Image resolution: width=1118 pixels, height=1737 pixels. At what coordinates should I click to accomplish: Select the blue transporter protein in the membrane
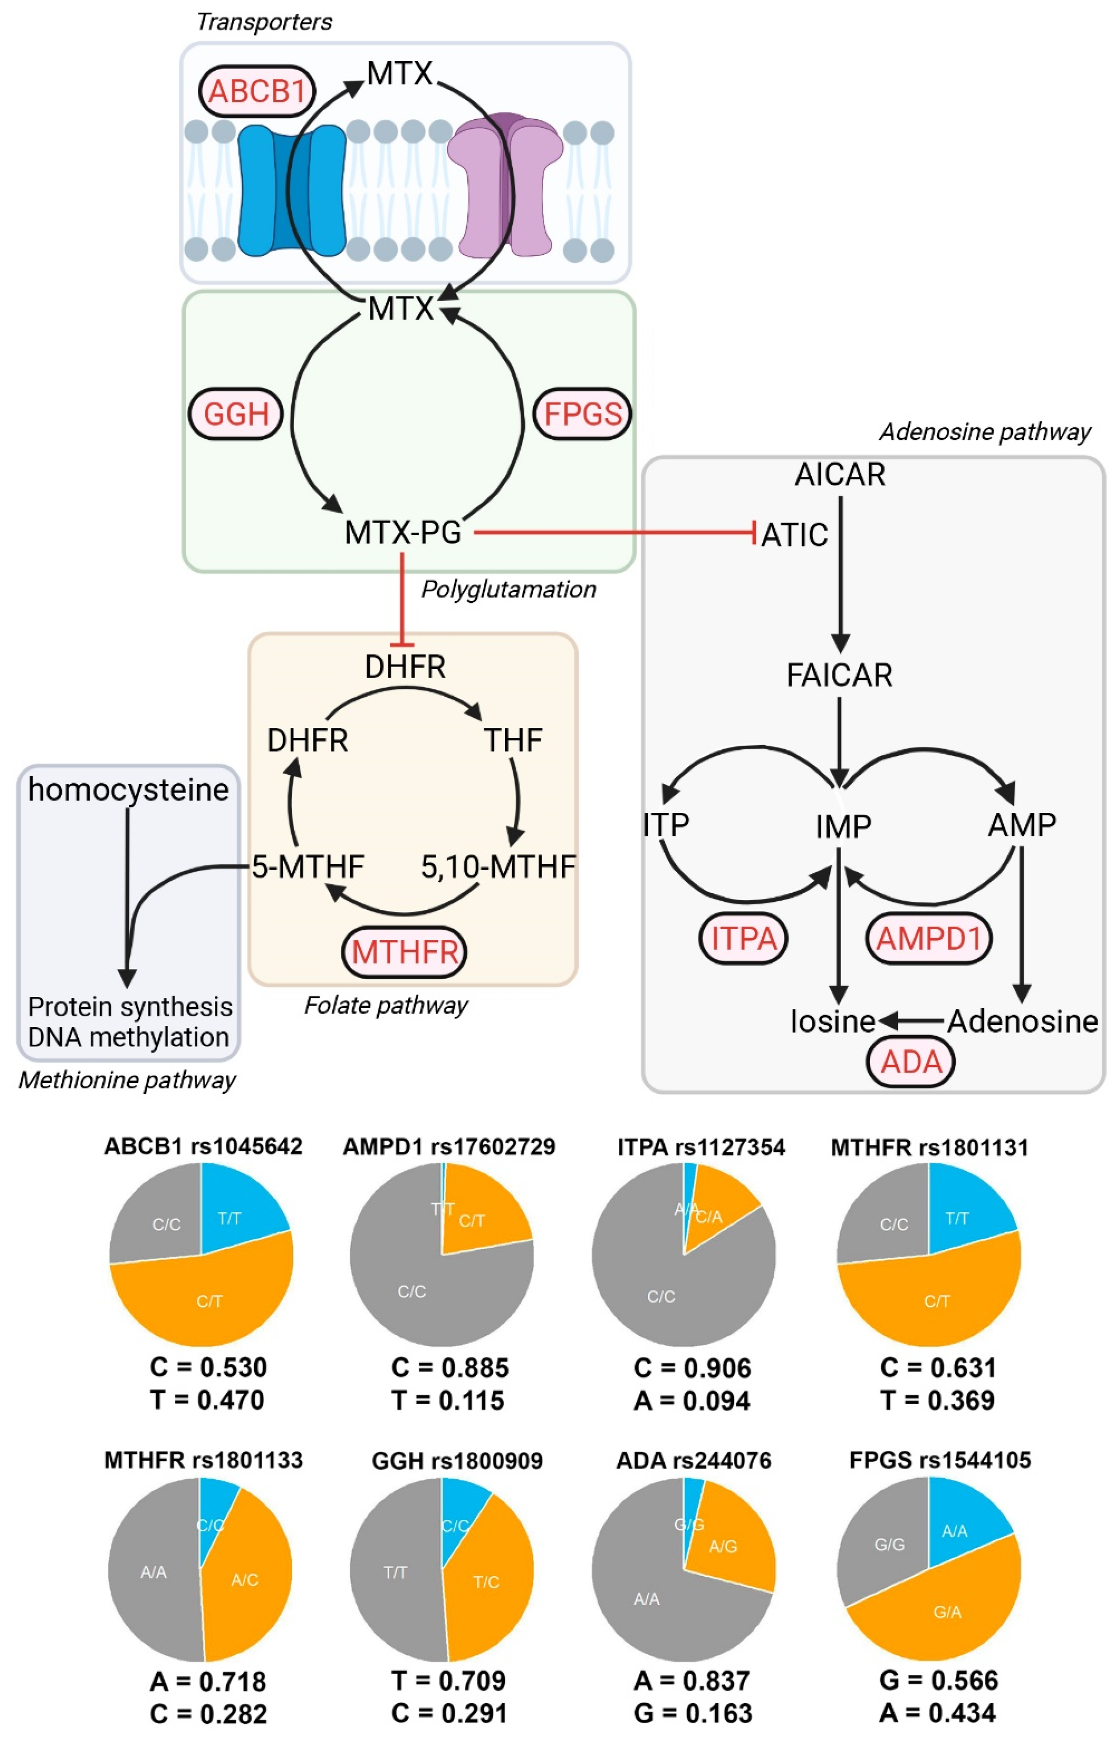290,190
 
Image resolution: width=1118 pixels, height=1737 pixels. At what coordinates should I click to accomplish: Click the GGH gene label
236,414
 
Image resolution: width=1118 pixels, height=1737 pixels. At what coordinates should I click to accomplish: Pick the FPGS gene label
582,414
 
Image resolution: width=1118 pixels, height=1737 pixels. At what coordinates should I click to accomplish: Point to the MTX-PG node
403,532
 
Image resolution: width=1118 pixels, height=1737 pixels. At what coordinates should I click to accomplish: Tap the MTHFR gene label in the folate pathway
405,952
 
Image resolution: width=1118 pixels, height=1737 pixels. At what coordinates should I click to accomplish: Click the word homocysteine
129,789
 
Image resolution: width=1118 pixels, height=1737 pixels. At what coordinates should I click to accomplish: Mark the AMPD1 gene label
928,938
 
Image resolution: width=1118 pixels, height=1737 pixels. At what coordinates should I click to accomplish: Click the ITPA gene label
743,938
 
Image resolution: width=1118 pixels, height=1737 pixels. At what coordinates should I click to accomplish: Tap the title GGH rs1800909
457,1460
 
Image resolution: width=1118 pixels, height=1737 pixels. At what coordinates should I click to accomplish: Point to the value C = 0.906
692,1368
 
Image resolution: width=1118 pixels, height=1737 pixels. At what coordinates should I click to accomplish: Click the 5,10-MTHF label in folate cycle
498,866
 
